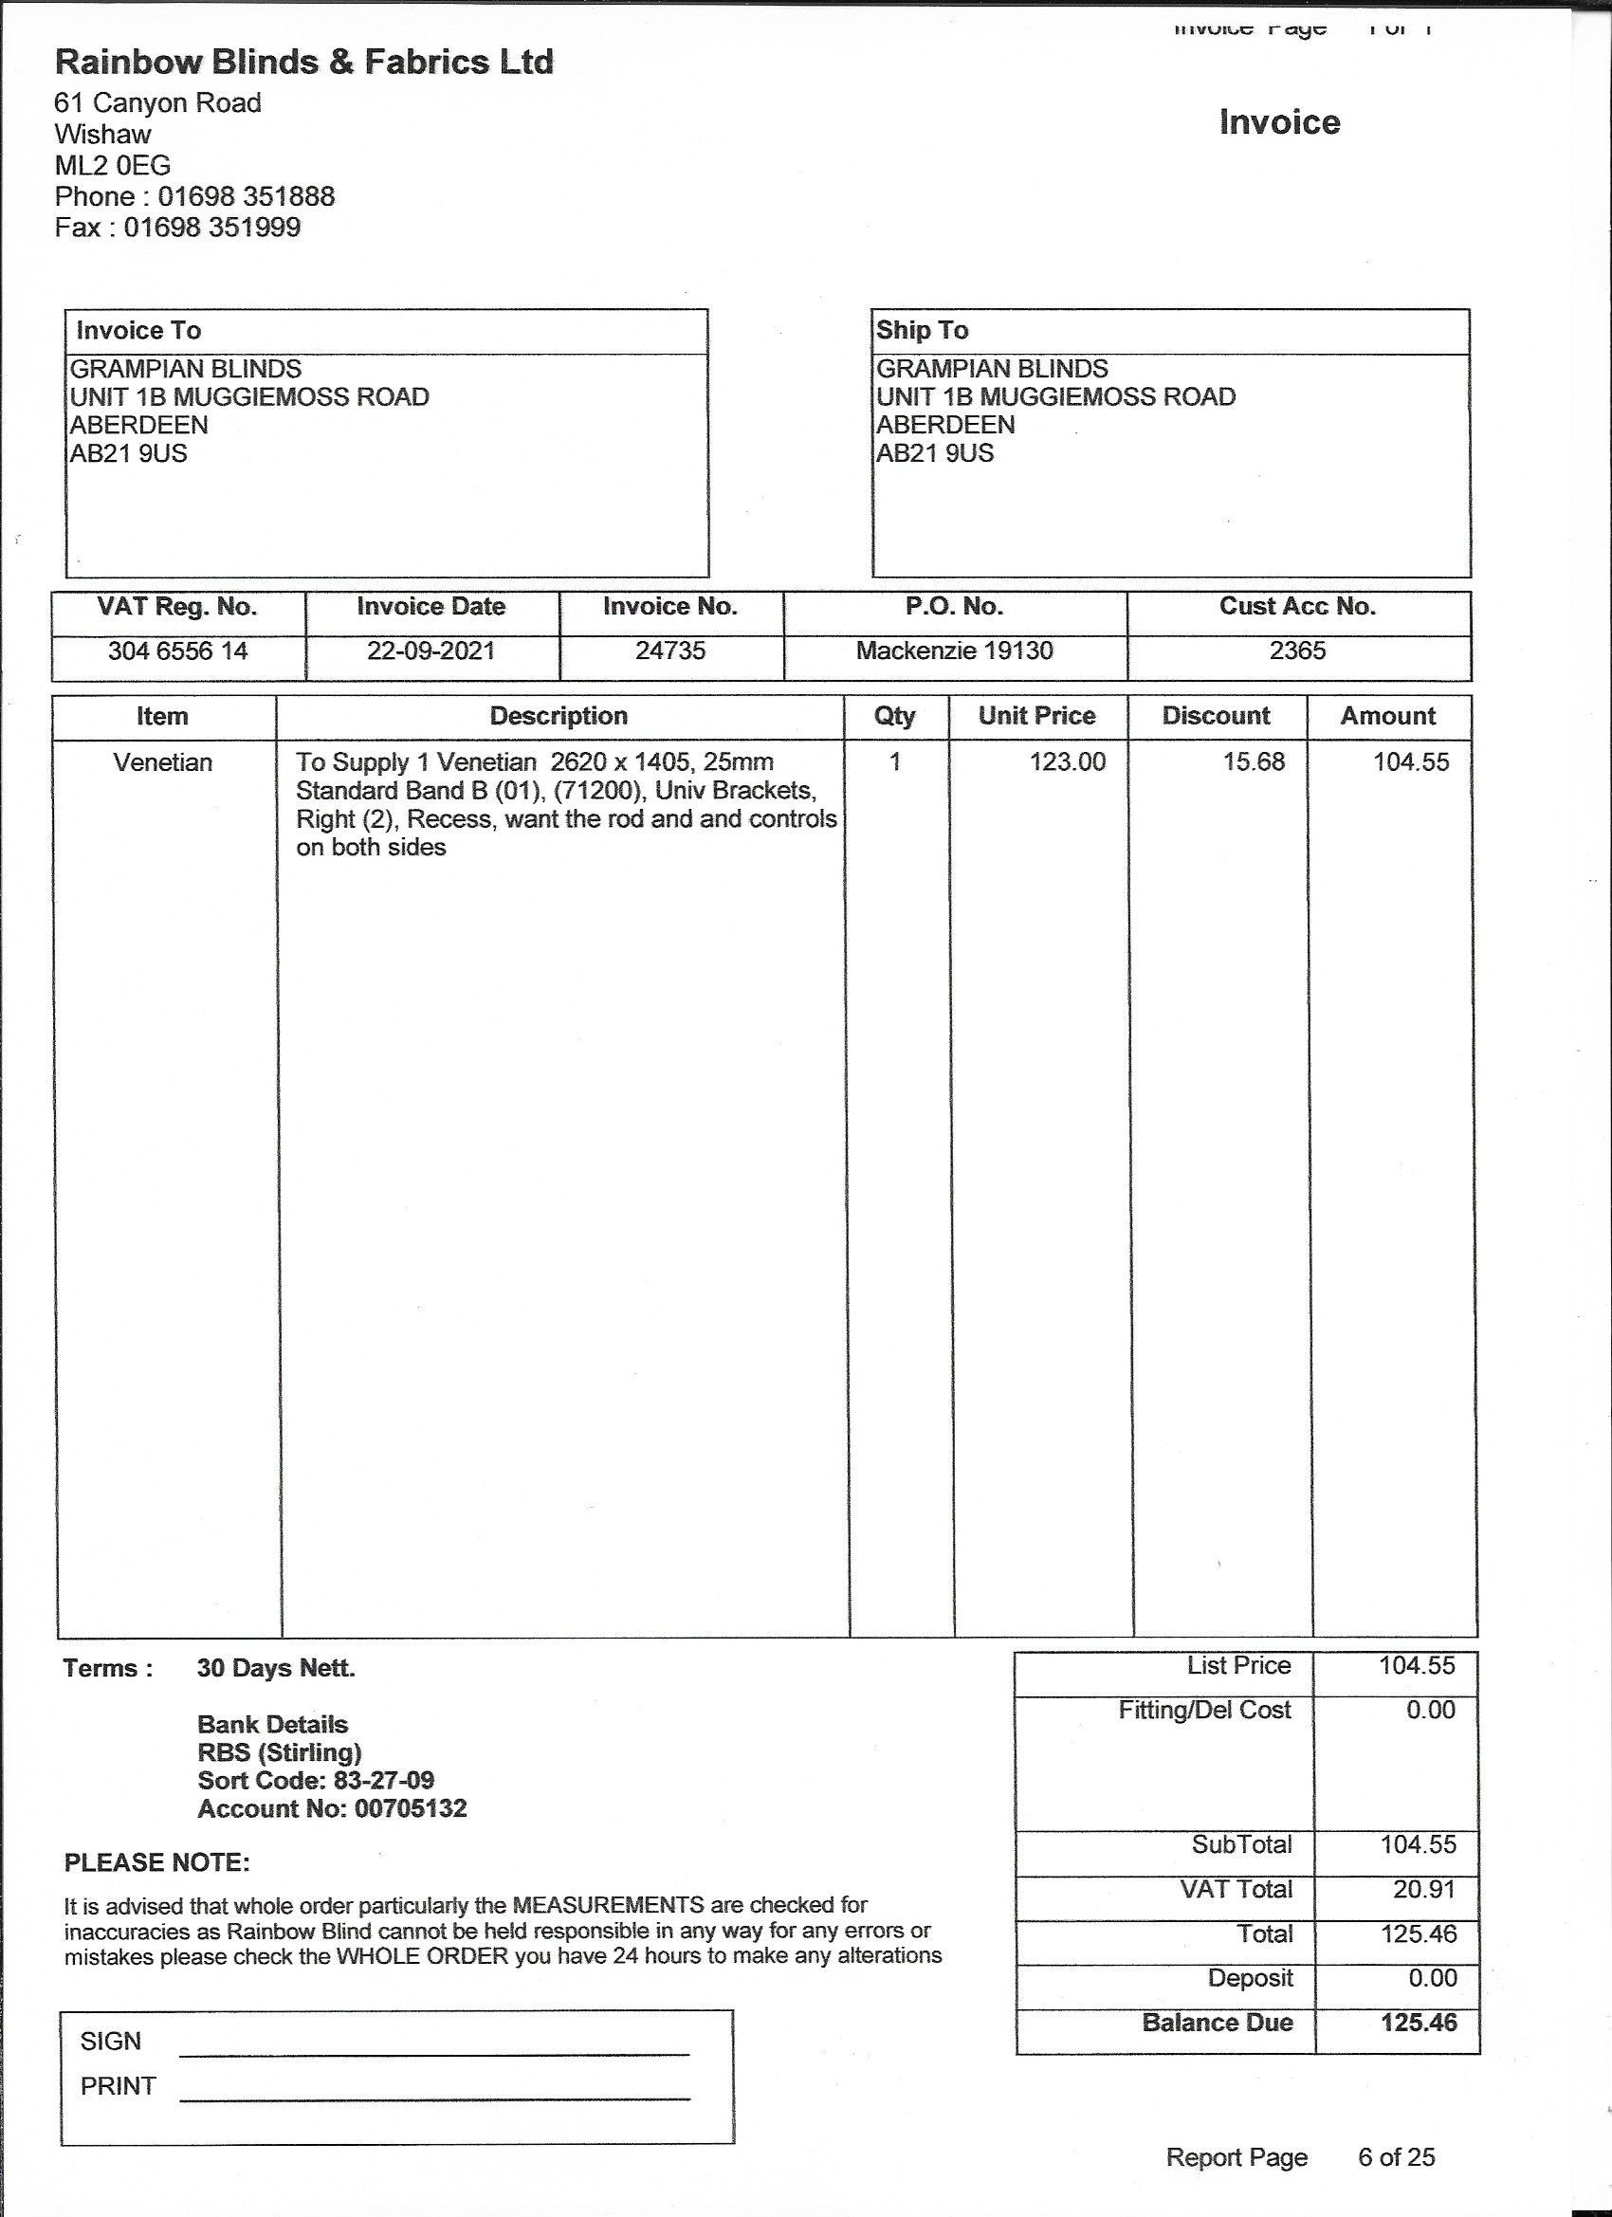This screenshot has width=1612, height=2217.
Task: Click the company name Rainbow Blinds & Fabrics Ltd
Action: click(x=304, y=63)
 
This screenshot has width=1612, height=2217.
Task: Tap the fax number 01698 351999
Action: click(x=212, y=228)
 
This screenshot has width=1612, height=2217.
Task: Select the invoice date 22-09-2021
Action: click(x=431, y=651)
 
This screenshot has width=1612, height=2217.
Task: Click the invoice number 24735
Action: click(x=670, y=651)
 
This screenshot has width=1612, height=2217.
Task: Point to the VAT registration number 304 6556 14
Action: click(x=178, y=651)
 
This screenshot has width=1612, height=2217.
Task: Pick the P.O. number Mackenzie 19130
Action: click(x=954, y=651)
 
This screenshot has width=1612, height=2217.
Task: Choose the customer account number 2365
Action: click(x=1297, y=651)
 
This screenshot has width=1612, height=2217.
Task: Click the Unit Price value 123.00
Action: click(x=1068, y=762)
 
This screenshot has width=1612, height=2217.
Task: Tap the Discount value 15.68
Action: click(x=1255, y=762)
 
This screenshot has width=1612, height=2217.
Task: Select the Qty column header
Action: click(x=894, y=717)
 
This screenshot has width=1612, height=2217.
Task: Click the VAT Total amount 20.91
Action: click(x=1424, y=1890)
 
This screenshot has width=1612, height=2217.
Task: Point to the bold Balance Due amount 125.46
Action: click(x=1419, y=2023)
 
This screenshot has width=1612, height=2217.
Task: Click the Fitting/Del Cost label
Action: click(x=1204, y=1710)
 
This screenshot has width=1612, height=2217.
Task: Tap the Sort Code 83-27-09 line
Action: click(x=316, y=1780)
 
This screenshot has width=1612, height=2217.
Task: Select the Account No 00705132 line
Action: click(x=333, y=1808)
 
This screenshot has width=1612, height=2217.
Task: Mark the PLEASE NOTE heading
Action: click(x=157, y=1863)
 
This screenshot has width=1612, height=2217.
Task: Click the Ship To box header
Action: click(x=922, y=330)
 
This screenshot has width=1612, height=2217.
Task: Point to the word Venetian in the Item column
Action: click(x=163, y=762)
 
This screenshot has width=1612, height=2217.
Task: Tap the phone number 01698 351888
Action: click(x=247, y=196)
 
